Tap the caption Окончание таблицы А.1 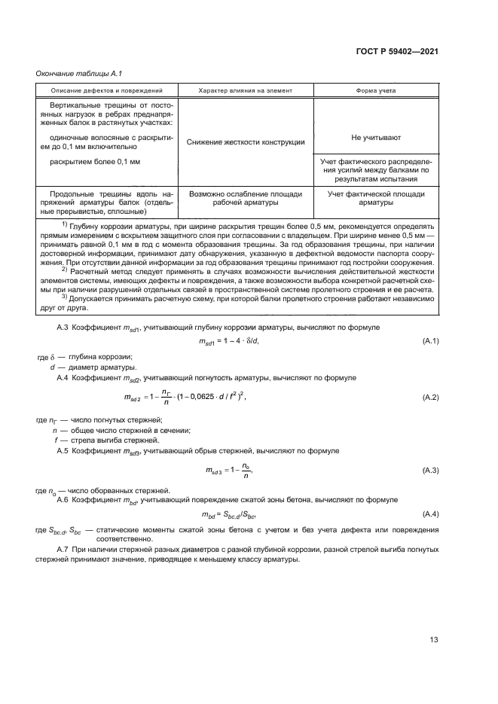tap(74, 73)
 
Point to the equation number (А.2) tap(430, 396)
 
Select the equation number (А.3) tap(430, 471)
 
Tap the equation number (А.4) tap(430, 514)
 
